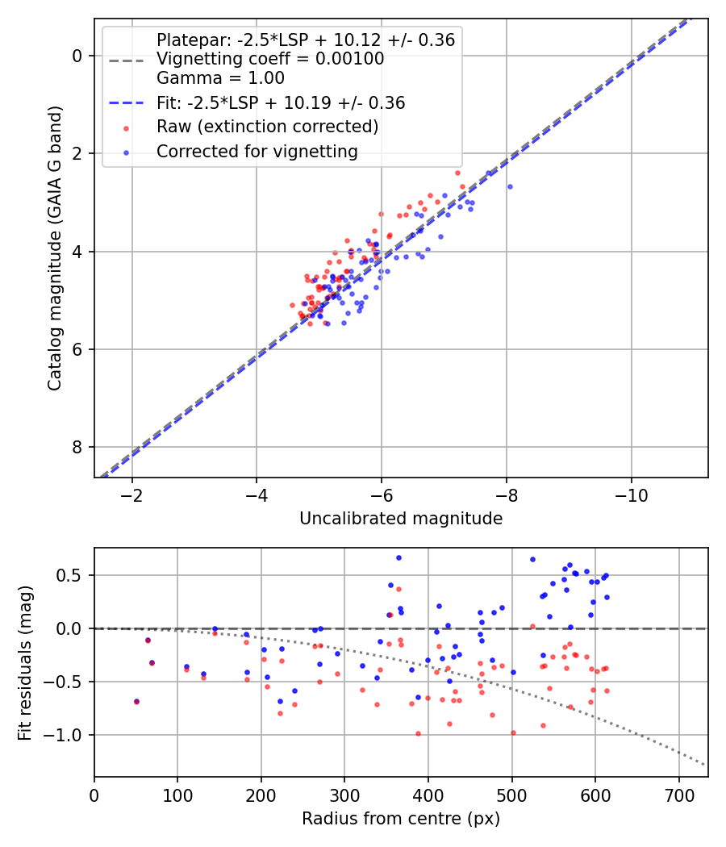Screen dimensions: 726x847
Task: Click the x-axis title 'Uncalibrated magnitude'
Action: point(401,519)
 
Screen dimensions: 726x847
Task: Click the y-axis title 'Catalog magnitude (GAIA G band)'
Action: point(55,248)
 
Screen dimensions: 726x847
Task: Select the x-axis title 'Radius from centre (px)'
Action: point(401,819)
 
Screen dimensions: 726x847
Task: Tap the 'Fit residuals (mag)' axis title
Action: point(25,663)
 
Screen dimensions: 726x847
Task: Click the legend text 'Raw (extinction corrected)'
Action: point(267,127)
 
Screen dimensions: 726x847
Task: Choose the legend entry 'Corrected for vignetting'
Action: point(257,152)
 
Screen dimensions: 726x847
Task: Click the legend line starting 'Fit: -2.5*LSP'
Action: point(281,102)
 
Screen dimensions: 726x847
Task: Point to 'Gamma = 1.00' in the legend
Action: point(220,77)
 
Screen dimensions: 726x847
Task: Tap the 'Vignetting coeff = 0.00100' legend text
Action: point(270,59)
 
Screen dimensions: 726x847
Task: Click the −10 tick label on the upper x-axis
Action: point(631,495)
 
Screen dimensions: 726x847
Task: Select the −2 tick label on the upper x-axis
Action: point(131,495)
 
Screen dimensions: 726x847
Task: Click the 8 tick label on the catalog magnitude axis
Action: point(77,447)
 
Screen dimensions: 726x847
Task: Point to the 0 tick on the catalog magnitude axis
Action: point(77,56)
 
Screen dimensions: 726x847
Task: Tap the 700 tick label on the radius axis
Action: point(678,795)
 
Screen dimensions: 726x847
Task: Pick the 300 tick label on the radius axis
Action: point(344,795)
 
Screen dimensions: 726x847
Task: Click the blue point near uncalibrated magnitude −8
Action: point(509,187)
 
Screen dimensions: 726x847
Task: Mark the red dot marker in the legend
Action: point(127,128)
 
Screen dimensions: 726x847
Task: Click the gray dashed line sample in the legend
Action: point(127,61)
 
